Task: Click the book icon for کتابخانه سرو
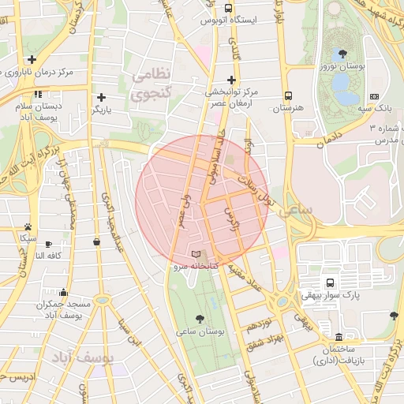(x=196, y=254)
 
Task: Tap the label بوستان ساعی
(x=204, y=332)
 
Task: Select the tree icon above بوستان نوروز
(x=342, y=54)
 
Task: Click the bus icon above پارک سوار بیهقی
(x=329, y=282)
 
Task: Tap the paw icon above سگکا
(x=28, y=226)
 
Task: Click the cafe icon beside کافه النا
(x=49, y=244)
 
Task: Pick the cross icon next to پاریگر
(x=100, y=95)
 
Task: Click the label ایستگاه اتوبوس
(x=230, y=20)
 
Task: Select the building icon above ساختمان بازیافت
(x=340, y=335)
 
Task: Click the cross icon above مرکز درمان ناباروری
(x=32, y=59)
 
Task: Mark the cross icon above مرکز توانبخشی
(x=231, y=79)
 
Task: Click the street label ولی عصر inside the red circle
(x=185, y=211)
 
